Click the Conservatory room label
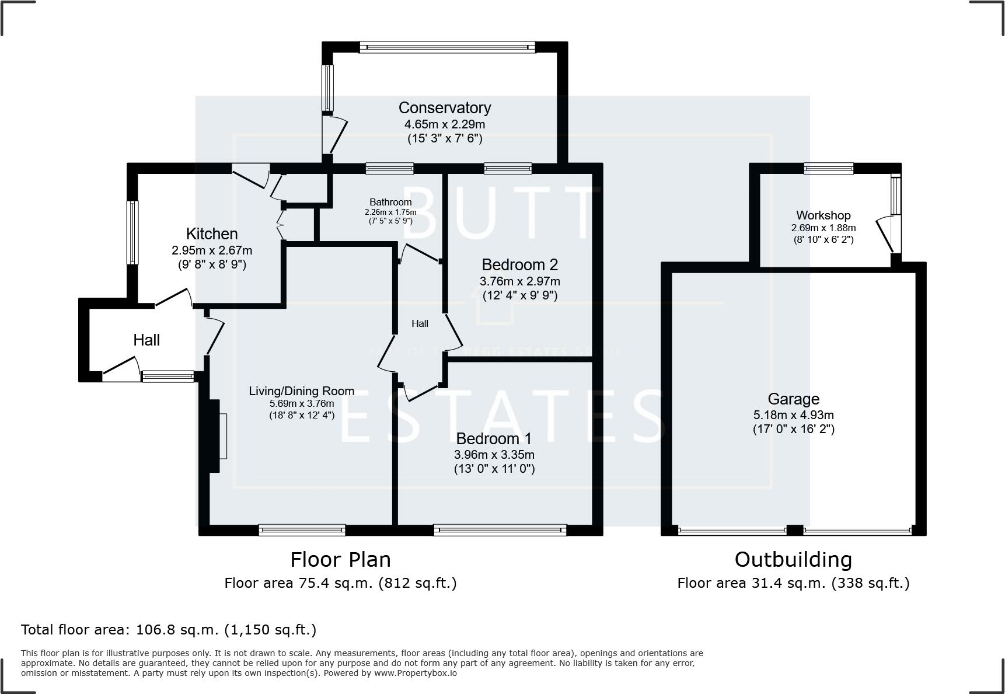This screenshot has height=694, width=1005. click(x=444, y=108)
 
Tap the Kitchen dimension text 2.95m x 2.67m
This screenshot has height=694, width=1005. click(x=212, y=250)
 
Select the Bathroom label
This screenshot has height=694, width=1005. click(x=390, y=202)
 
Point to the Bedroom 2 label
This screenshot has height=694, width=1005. click(x=519, y=264)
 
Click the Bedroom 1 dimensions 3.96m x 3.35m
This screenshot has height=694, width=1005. click(x=494, y=454)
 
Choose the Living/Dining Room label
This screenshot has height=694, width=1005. click(x=301, y=391)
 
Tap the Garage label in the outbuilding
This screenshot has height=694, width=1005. click(x=793, y=399)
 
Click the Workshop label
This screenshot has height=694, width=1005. click(x=823, y=215)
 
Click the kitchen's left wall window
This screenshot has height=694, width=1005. click(x=134, y=232)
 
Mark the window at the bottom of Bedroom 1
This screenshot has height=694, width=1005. click(x=500, y=530)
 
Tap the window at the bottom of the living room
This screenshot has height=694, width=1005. click(x=302, y=530)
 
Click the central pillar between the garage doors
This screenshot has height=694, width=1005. click(x=794, y=530)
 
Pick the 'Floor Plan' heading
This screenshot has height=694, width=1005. click(x=340, y=560)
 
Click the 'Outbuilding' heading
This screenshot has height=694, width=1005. click(x=793, y=560)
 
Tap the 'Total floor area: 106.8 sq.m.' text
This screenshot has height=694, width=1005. click(x=168, y=630)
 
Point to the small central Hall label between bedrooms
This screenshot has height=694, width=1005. click(x=420, y=323)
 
